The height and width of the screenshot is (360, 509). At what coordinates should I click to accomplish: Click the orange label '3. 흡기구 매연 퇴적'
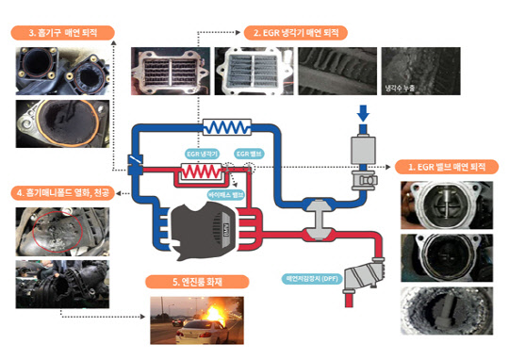pos(62,33)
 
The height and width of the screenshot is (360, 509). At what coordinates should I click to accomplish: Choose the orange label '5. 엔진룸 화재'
pos(194,280)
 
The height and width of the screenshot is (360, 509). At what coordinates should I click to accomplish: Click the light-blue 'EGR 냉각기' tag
pos(201,151)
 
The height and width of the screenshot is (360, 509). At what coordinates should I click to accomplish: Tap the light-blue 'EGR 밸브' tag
pos(248,151)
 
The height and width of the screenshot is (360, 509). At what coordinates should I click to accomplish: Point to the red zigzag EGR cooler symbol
pos(199,172)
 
